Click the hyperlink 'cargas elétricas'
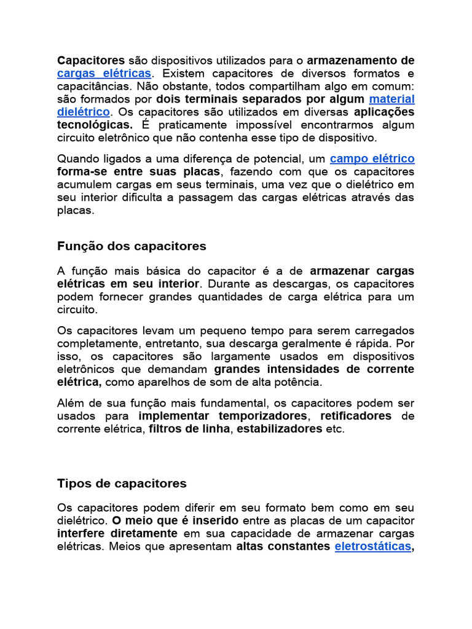click(x=104, y=74)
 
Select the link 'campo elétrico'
click(x=372, y=158)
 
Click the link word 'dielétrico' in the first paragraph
click(x=84, y=112)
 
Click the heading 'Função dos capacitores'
click(x=132, y=246)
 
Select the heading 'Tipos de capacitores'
click(x=122, y=483)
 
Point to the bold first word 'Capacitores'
click(x=91, y=60)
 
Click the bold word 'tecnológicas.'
click(x=95, y=125)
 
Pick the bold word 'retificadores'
click(x=356, y=416)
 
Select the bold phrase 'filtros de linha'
click(x=189, y=429)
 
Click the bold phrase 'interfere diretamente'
click(x=117, y=533)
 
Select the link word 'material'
click(x=391, y=99)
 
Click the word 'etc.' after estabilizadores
click(x=336, y=429)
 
